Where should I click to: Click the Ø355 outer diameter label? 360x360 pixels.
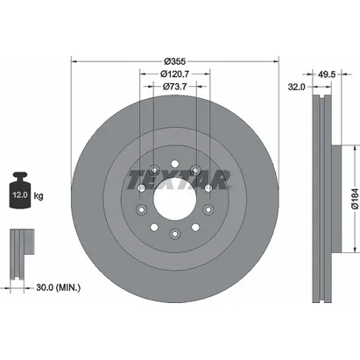coord(175,61)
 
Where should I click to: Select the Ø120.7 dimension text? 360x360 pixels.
coord(174,74)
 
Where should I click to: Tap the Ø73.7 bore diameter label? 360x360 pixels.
coord(174,87)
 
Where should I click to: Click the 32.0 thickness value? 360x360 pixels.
coord(296,87)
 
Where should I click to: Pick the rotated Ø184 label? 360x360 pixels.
coord(355,199)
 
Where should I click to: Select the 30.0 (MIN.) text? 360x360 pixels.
coord(59,287)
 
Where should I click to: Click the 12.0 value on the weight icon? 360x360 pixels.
coord(20,194)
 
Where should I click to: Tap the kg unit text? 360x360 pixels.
coord(39,195)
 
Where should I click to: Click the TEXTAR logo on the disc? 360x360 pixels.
coord(178,180)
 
